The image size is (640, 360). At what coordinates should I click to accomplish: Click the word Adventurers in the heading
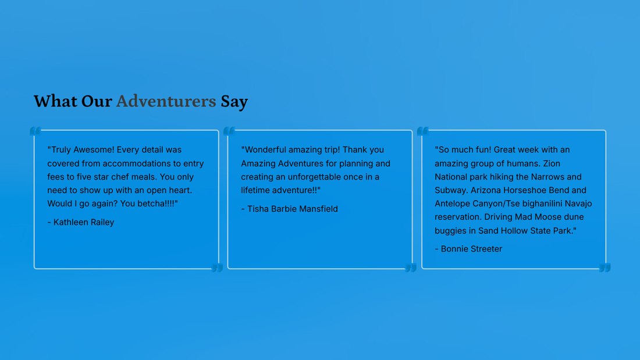click(166, 101)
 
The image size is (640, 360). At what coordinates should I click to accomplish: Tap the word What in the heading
click(55, 101)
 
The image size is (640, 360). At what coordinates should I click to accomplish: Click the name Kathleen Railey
click(84, 222)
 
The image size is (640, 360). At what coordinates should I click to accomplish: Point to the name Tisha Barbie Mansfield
click(293, 209)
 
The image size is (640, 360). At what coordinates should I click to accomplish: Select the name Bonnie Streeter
click(471, 248)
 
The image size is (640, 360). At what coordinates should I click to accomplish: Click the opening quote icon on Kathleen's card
click(35, 131)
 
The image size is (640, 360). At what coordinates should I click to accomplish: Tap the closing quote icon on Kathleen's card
click(217, 268)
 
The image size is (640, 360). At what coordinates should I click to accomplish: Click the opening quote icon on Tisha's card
click(229, 131)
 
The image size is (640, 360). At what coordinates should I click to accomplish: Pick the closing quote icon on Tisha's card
click(411, 268)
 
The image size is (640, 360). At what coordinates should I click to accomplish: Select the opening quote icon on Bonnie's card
click(423, 131)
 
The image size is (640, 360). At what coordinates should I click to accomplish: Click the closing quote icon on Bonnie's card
click(605, 268)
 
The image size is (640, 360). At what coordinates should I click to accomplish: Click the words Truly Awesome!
click(83, 150)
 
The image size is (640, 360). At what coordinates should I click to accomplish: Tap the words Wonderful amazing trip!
click(292, 150)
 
